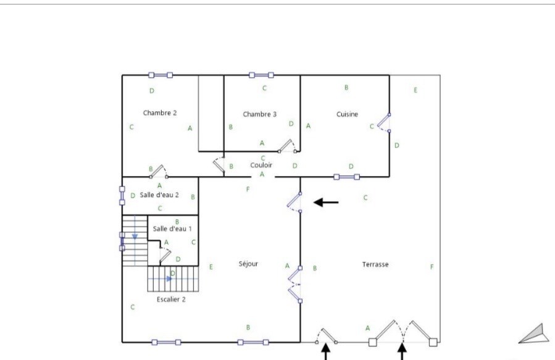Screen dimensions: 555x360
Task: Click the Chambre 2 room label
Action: pos(160,113)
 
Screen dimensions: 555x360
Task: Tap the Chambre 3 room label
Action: pos(259,114)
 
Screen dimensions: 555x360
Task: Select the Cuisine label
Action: pos(347,114)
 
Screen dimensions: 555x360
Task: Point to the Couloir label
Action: pos(261,165)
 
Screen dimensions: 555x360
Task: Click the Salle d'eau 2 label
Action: pos(159,195)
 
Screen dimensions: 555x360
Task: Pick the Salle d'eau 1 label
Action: pos(172,228)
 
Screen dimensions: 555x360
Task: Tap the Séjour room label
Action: pos(248,264)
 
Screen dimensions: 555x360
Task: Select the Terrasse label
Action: pos(375,264)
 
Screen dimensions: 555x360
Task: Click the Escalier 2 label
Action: pos(171,299)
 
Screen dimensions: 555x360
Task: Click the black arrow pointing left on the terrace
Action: pos(326,203)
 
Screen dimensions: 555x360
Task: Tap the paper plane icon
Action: pos(535,333)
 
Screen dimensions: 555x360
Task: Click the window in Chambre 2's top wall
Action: pos(161,75)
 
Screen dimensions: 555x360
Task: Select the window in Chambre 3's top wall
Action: pos(261,75)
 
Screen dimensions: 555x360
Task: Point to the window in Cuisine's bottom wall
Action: pos(346,177)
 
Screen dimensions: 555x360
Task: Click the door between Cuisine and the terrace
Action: pos(385,123)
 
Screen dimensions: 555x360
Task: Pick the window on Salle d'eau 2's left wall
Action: pos(122,196)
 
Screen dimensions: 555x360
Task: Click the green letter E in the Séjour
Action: pos(211,267)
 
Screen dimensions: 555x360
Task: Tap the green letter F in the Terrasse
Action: pos(432,267)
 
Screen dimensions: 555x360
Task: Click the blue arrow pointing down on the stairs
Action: pos(135,237)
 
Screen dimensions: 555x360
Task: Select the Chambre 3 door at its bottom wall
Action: pos(288,146)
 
